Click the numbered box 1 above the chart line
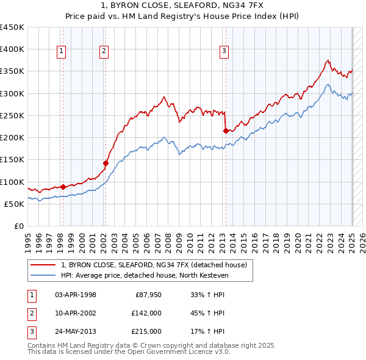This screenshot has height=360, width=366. pyautogui.click(x=62, y=52)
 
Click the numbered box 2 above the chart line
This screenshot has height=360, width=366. pyautogui.click(x=104, y=52)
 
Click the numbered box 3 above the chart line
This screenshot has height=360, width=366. pyautogui.click(x=224, y=52)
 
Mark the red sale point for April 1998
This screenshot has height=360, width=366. pyautogui.click(x=63, y=187)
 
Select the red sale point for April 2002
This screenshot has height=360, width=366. pyautogui.click(x=106, y=163)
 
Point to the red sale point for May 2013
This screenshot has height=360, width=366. pyautogui.click(x=226, y=131)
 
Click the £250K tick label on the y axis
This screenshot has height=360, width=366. pyautogui.click(x=12, y=115)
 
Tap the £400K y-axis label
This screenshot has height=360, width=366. pyautogui.click(x=12, y=49)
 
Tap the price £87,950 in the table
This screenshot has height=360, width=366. pyautogui.click(x=148, y=295)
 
